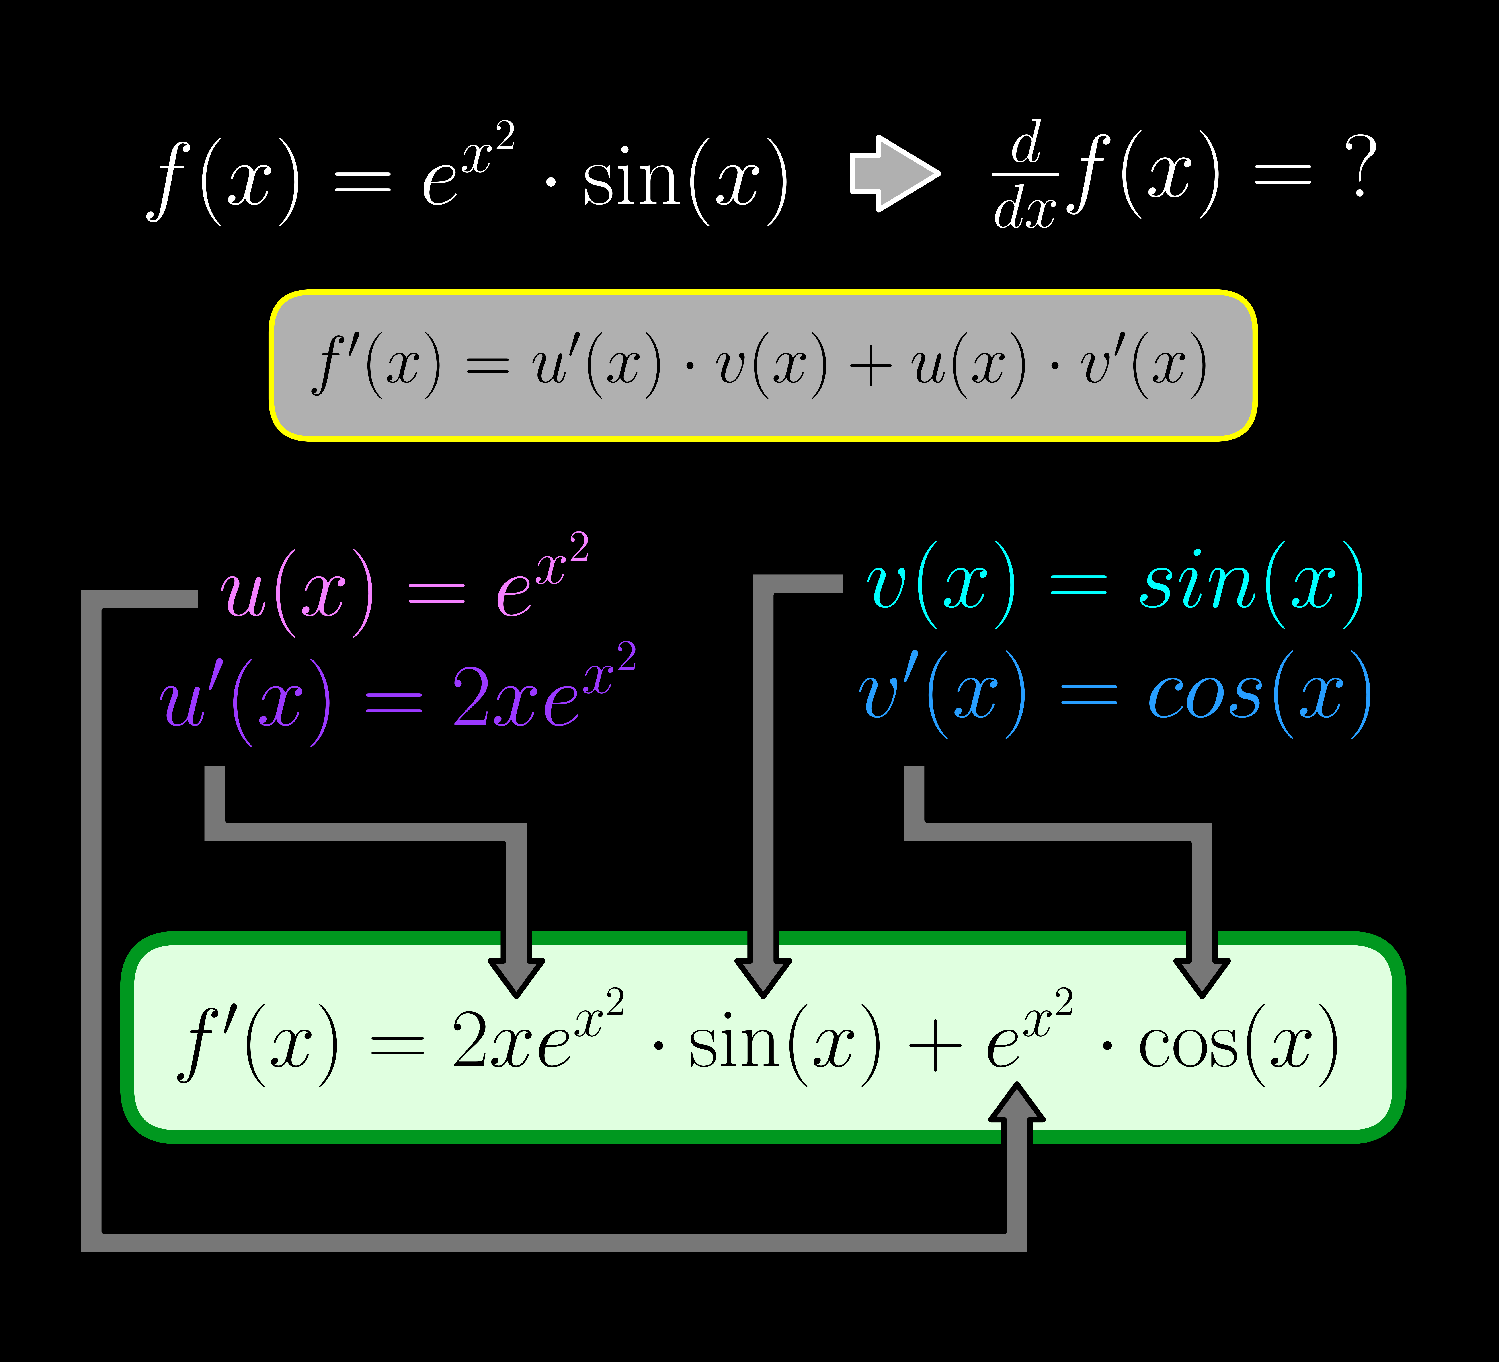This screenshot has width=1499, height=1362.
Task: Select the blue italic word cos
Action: tap(1205, 695)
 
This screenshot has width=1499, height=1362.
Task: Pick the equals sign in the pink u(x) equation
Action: tap(437, 593)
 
